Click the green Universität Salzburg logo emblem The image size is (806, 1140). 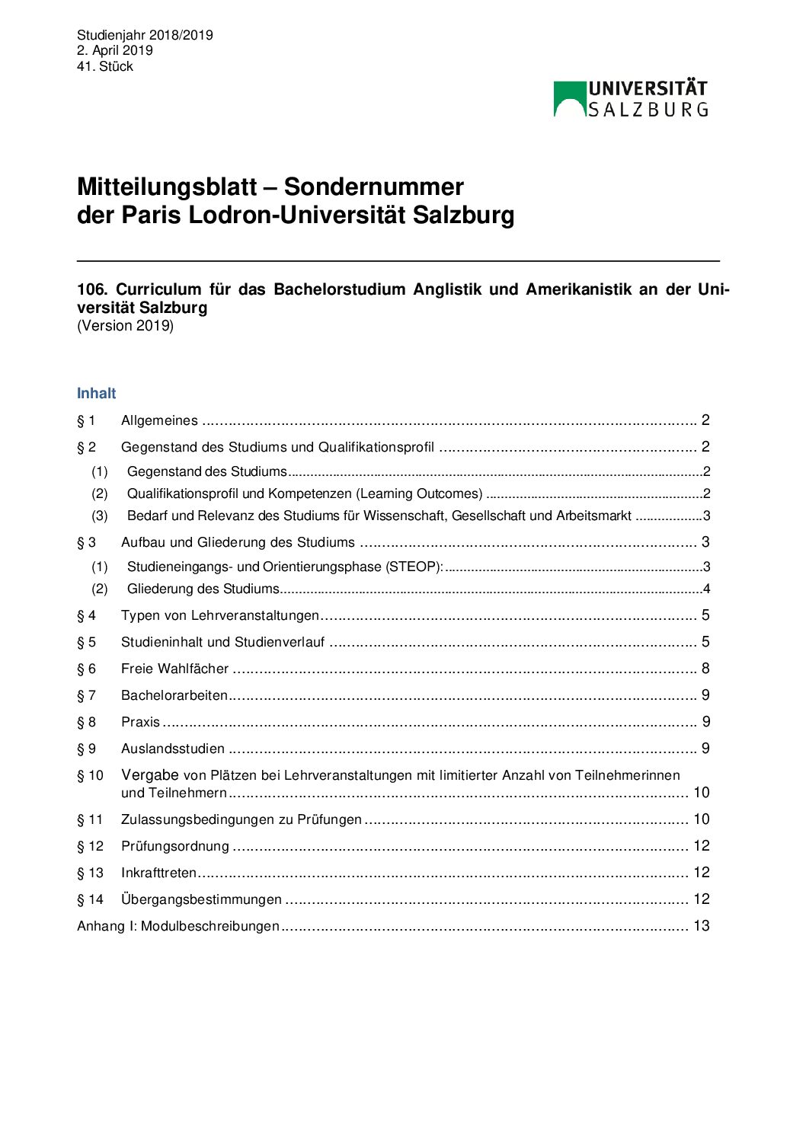pyautogui.click(x=569, y=99)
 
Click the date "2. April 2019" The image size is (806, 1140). pyautogui.click(x=114, y=50)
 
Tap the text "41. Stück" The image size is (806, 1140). pyautogui.click(x=105, y=66)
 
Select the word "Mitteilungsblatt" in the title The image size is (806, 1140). pyautogui.click(x=167, y=187)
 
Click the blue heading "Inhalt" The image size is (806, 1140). pyautogui.click(x=96, y=393)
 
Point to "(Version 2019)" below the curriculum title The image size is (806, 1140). pyautogui.click(x=125, y=326)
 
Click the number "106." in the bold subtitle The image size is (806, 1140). pyautogui.click(x=92, y=289)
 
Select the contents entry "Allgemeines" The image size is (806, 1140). pyautogui.click(x=159, y=420)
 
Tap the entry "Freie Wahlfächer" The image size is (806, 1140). pyautogui.click(x=174, y=669)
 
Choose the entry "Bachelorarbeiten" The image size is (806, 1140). pyautogui.click(x=174, y=695)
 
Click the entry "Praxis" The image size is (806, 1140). pyautogui.click(x=140, y=722)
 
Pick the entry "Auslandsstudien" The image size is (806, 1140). pyautogui.click(x=173, y=749)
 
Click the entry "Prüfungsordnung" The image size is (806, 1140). pyautogui.click(x=175, y=846)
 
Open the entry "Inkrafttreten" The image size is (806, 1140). pyautogui.click(x=158, y=873)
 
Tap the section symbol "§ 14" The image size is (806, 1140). pyautogui.click(x=90, y=899)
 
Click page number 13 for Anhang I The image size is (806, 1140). pyautogui.click(x=701, y=926)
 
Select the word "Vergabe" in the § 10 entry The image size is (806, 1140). pyautogui.click(x=149, y=775)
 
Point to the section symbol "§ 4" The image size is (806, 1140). pyautogui.click(x=86, y=615)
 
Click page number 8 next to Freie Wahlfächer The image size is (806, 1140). pyautogui.click(x=705, y=669)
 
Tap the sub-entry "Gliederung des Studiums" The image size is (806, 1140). pyautogui.click(x=203, y=589)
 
